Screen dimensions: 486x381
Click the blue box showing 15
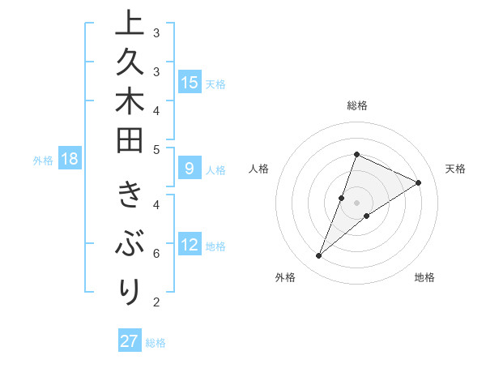[190, 83]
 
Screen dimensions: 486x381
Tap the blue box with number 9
[190, 169]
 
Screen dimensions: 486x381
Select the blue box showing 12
[190, 245]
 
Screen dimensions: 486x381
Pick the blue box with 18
[69, 159]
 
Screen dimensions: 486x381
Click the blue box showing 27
[130, 341]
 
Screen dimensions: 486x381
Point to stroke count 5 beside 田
[156, 149]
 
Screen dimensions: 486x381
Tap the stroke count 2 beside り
[156, 302]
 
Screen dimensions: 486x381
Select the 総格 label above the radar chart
[356, 105]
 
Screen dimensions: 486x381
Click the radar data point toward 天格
[418, 183]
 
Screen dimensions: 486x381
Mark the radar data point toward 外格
[318, 256]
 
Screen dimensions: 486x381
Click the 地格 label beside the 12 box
[215, 246]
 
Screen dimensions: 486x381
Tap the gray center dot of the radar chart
[356, 202]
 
